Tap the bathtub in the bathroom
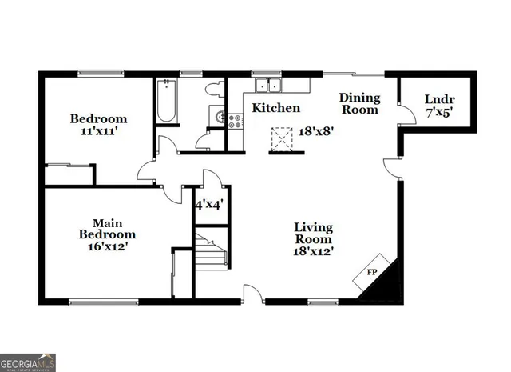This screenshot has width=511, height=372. (x=167, y=101)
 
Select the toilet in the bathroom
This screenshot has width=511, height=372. (x=213, y=90)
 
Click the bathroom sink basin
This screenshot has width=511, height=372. (x=218, y=117)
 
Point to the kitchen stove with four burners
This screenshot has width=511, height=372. (x=236, y=122)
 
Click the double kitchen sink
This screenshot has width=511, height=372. (x=267, y=86)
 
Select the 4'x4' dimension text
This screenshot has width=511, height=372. (x=208, y=204)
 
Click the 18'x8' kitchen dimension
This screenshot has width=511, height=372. (x=315, y=130)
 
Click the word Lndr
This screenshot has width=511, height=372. (x=438, y=99)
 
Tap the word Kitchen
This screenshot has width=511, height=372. (x=276, y=108)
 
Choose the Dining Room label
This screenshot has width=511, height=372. (x=359, y=104)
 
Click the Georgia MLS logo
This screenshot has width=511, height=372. (x=28, y=362)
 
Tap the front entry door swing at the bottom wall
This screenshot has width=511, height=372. (x=252, y=294)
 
